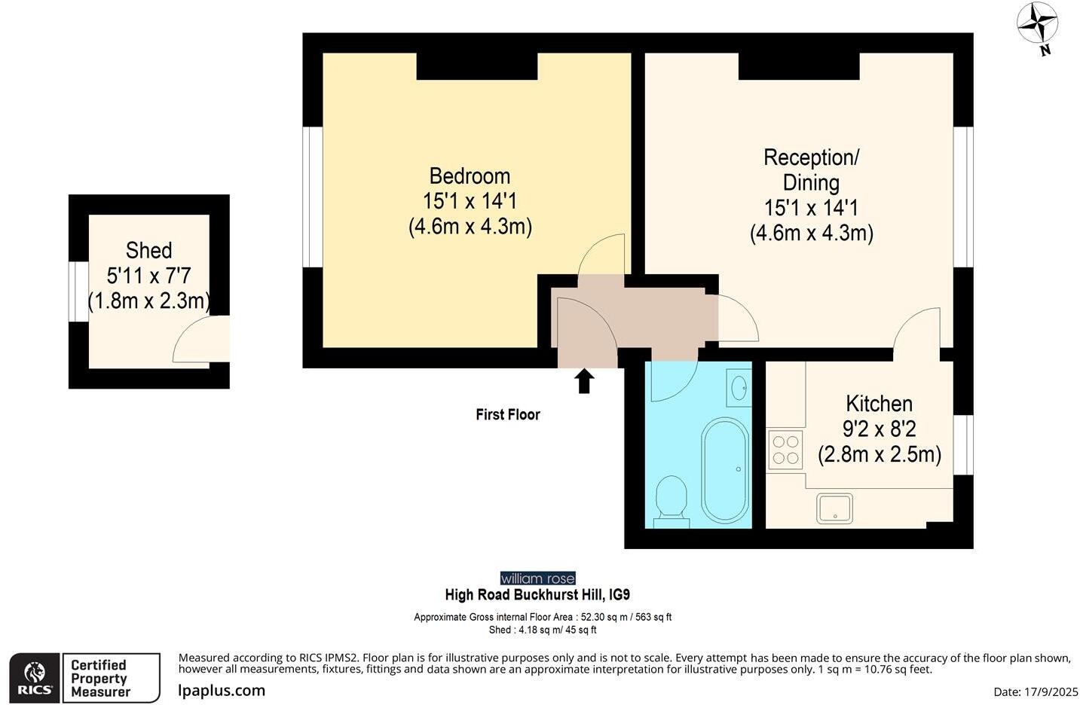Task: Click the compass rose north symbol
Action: [x=1038, y=25]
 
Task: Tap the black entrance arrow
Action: [x=584, y=380]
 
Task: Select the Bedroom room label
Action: [x=470, y=176]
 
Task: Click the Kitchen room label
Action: [x=879, y=404]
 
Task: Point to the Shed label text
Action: [x=148, y=250]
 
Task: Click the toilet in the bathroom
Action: [x=671, y=499]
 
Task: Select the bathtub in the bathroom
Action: [x=725, y=469]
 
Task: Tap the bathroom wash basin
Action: [x=739, y=387]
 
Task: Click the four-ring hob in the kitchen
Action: [x=785, y=450]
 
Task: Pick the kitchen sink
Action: [x=834, y=508]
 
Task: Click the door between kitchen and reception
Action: [x=916, y=330]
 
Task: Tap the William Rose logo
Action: [x=537, y=578]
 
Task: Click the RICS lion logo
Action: [x=35, y=677]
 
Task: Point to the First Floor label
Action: [x=507, y=414]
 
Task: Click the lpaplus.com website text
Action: [x=222, y=690]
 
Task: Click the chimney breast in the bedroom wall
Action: [x=476, y=66]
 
